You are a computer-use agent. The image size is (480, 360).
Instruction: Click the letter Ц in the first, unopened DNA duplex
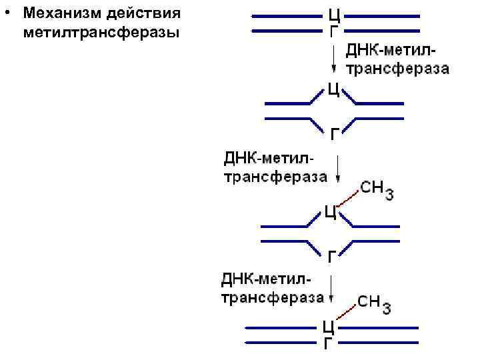pos(335,15)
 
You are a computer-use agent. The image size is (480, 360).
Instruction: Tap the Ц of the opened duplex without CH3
pos(335,89)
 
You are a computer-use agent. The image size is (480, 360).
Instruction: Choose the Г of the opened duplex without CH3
pos(335,134)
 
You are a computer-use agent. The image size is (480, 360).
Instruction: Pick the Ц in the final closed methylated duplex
pos(328,327)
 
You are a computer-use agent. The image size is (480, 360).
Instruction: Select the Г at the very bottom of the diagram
pos(328,344)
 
